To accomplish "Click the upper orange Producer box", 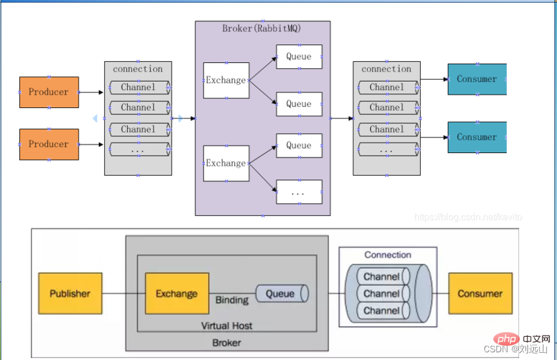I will click(x=49, y=92).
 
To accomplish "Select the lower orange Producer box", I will click(x=49, y=144).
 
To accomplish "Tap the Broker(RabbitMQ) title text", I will click(x=261, y=28).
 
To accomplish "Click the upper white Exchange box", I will click(x=226, y=80).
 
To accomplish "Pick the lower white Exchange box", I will click(x=226, y=163).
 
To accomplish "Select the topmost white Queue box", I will click(x=299, y=57).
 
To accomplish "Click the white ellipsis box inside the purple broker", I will click(x=299, y=192).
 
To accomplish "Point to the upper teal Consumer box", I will click(x=477, y=79).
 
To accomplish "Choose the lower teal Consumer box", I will click(x=477, y=137).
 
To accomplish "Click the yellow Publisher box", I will click(x=70, y=293).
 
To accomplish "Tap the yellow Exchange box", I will click(x=177, y=293).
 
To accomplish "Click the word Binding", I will click(x=232, y=300).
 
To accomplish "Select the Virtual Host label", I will click(x=226, y=325).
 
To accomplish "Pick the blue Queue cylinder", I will click(x=281, y=294).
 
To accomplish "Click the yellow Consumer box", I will click(x=480, y=293).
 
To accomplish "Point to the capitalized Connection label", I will click(x=387, y=255).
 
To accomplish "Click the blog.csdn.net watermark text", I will click(x=468, y=217).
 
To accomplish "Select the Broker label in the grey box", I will click(x=226, y=343).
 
